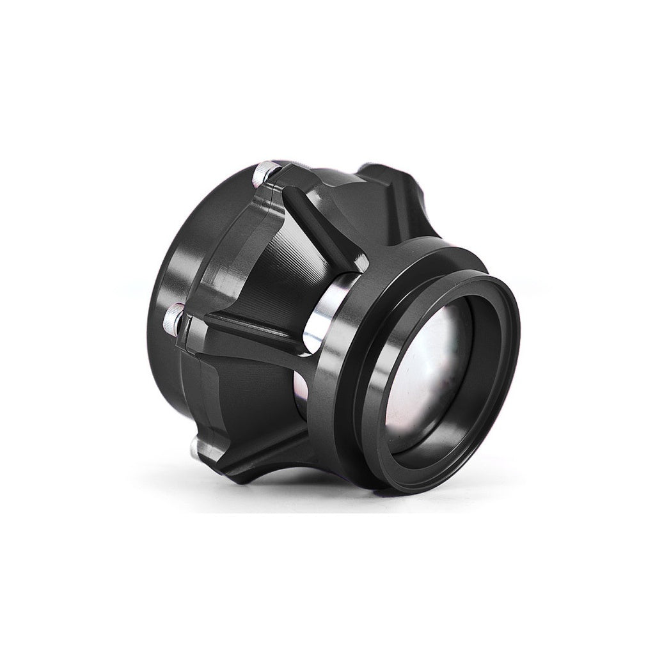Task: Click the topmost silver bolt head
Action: tap(264, 173)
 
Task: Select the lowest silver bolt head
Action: tap(199, 446)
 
